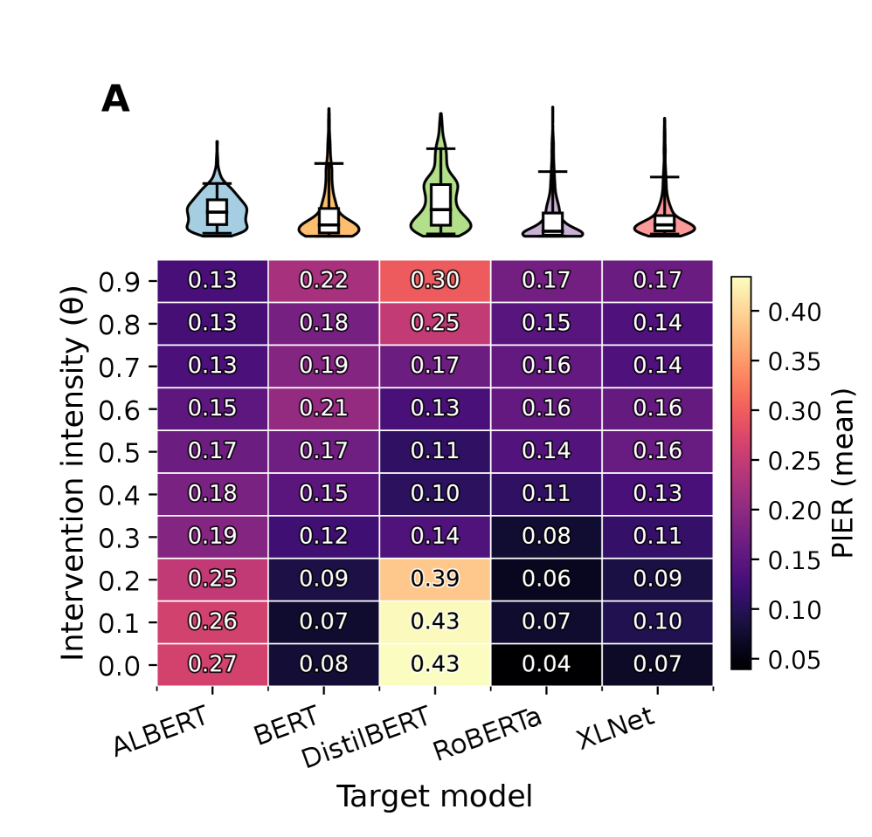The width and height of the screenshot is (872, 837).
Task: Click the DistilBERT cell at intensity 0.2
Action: pos(435,579)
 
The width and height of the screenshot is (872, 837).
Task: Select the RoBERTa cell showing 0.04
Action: pos(546,664)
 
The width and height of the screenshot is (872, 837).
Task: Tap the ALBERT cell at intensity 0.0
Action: pos(212,664)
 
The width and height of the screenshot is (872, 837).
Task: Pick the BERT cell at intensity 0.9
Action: pos(323,280)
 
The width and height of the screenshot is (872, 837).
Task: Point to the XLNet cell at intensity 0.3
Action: pos(657,536)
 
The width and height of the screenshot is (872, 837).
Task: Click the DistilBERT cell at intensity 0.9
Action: pos(435,280)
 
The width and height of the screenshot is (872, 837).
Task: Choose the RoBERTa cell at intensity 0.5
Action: pos(546,451)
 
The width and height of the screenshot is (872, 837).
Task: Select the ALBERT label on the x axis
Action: pos(161,731)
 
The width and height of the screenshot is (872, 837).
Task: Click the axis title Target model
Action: pos(434,796)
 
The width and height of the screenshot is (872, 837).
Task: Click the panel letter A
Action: pos(115,100)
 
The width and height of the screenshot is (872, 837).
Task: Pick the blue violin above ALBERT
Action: pos(217,209)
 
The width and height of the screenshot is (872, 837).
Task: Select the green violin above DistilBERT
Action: pos(440,201)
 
